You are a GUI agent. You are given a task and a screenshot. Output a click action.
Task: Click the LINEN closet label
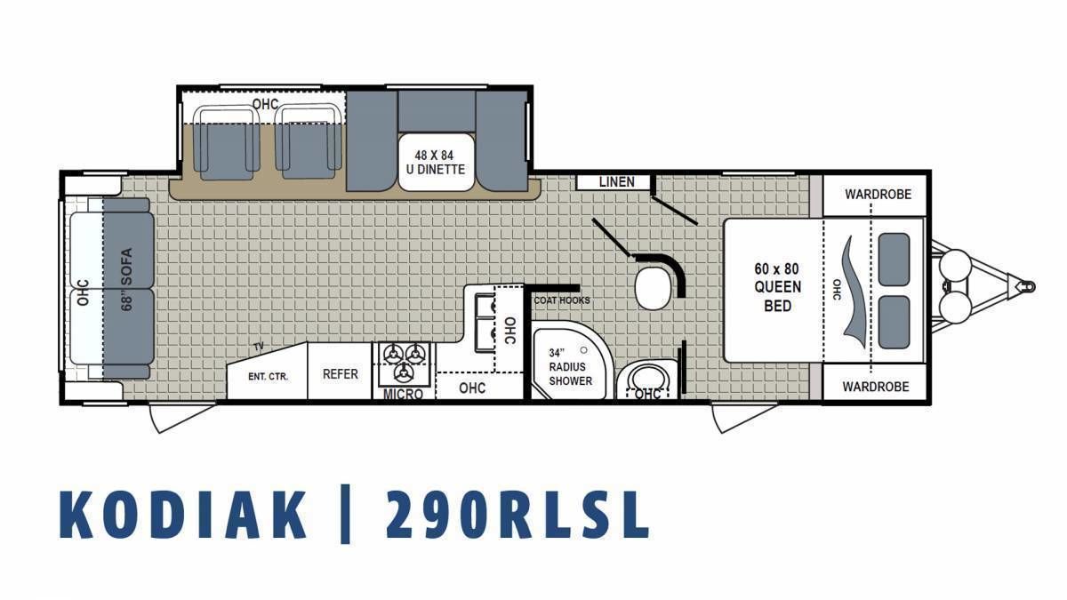coord(616,182)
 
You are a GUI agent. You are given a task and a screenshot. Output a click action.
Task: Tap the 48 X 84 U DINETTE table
coord(437,162)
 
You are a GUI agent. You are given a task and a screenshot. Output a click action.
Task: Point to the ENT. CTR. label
coord(269,377)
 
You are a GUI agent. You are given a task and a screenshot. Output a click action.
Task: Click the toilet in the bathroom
coord(653,289)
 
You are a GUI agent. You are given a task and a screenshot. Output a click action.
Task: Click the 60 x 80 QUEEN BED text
coord(777,287)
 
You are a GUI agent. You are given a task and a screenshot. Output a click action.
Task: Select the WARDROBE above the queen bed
coord(878,195)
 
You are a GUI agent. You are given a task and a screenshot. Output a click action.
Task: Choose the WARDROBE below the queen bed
coord(876,387)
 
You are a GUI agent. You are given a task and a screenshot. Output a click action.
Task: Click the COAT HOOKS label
coord(562,300)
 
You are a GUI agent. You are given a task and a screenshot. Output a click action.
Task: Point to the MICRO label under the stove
coord(403,395)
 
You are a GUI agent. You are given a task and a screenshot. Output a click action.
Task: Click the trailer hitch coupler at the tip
coord(1026,286)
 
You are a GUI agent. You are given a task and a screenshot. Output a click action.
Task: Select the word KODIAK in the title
coord(183,515)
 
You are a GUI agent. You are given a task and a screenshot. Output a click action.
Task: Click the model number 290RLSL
coord(518,515)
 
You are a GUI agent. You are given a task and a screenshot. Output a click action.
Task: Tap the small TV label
coord(259,347)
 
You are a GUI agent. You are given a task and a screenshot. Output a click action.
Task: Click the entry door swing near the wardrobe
coord(743,417)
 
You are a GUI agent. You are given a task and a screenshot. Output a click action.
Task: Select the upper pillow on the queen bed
coord(894,260)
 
